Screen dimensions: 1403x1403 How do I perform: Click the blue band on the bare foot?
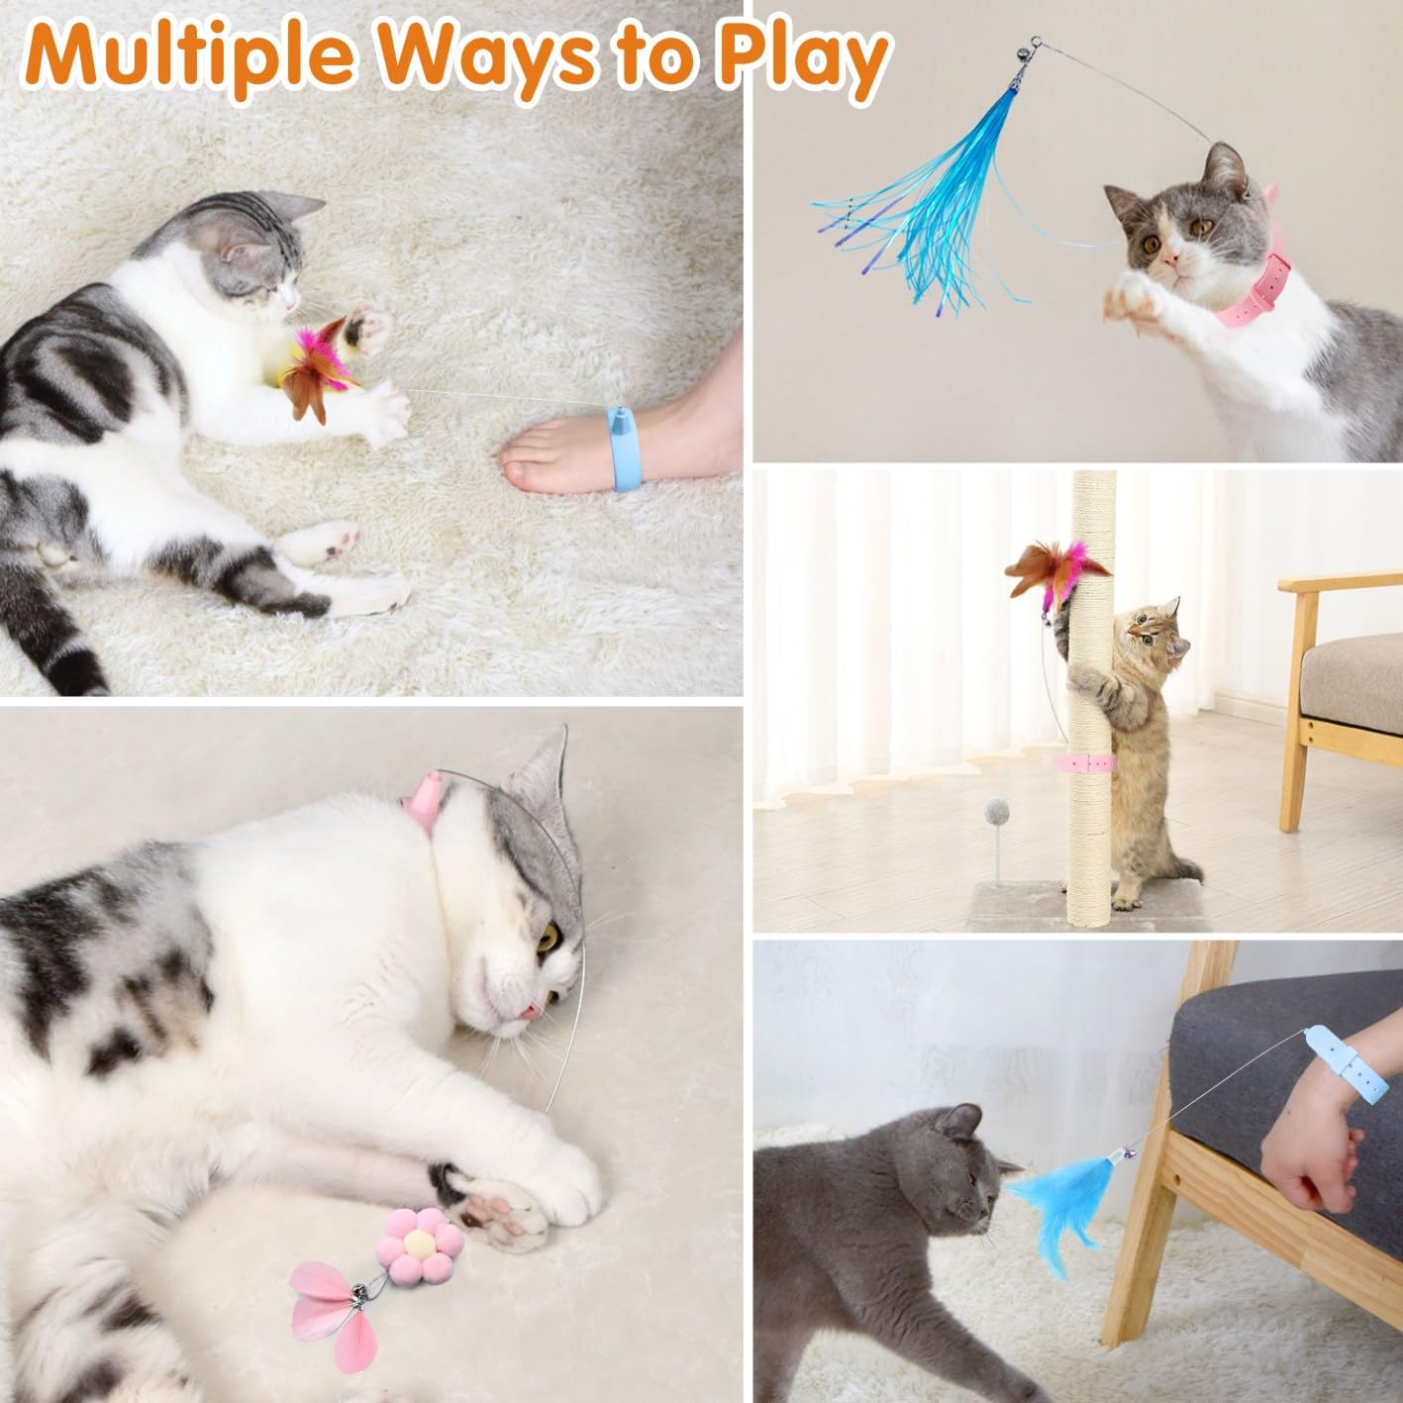pyautogui.click(x=615, y=446)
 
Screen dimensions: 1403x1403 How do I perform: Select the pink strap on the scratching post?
pyautogui.click(x=1084, y=762)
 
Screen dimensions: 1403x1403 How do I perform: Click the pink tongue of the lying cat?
pyautogui.click(x=530, y=1011)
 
